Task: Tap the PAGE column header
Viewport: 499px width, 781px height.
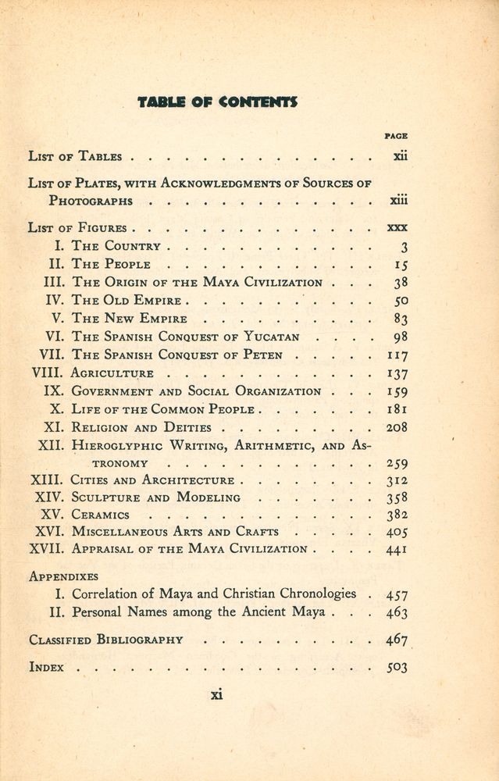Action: click(x=396, y=136)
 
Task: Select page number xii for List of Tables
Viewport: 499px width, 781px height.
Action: click(x=400, y=156)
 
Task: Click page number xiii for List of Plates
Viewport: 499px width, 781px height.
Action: click(x=398, y=201)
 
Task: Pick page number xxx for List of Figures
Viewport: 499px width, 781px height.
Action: click(x=397, y=228)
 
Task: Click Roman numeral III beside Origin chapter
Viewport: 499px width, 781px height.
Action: click(x=53, y=283)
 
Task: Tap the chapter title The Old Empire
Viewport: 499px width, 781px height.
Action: click(x=127, y=301)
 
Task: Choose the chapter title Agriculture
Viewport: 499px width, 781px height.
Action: click(x=112, y=373)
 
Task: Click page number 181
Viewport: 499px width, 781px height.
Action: click(x=397, y=409)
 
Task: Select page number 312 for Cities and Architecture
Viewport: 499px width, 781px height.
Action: click(x=397, y=480)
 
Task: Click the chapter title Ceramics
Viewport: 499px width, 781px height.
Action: click(x=101, y=515)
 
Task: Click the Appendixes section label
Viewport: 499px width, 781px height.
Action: click(x=63, y=576)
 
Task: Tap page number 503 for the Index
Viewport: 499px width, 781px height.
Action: click(x=397, y=668)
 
